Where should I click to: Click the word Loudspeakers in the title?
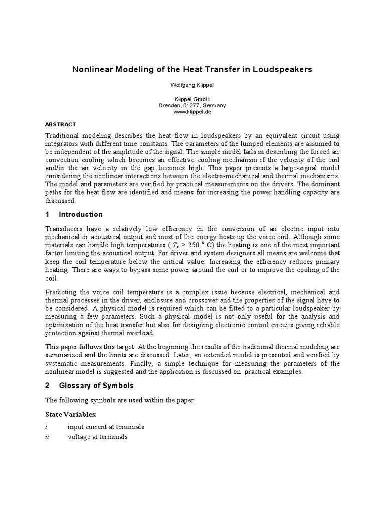click(x=283, y=69)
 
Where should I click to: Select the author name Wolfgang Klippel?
click(x=192, y=85)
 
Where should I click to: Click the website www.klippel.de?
click(x=192, y=112)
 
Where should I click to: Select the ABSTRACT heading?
click(x=61, y=124)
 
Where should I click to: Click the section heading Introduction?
click(x=81, y=214)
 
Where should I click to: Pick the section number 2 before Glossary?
click(x=47, y=385)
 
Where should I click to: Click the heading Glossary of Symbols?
click(x=96, y=385)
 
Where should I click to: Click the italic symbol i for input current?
click(x=46, y=427)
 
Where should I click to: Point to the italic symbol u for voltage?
click(x=47, y=437)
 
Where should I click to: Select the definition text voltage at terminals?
click(x=98, y=437)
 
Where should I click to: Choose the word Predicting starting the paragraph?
click(x=62, y=292)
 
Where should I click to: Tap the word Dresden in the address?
click(x=169, y=106)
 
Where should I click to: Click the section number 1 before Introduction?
click(x=47, y=214)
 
